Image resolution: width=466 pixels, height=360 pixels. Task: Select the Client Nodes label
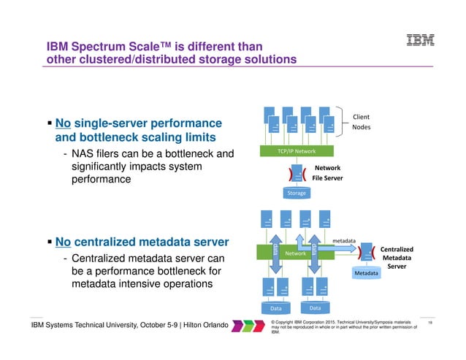(x=362, y=121)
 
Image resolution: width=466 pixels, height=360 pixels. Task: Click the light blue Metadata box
(x=366, y=272)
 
